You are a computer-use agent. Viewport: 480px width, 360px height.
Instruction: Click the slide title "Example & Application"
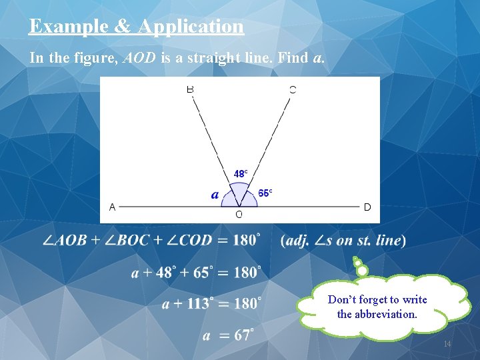(136, 27)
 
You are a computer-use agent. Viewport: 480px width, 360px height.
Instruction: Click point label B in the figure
(190, 89)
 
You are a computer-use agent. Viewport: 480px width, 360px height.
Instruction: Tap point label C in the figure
(293, 89)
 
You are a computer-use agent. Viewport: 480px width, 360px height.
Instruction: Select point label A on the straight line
(112, 207)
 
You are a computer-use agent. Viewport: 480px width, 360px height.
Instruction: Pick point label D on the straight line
(367, 207)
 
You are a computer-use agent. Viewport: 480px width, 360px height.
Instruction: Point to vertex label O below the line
(239, 215)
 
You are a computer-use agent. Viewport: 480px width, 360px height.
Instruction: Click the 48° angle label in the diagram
(240, 173)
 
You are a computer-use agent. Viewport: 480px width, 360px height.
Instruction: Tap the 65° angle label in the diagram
(265, 193)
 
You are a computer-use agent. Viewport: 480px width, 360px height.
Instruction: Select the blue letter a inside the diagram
(215, 195)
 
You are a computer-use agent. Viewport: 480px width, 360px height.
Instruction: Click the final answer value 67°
(245, 335)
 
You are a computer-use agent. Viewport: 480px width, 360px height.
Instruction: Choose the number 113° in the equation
(198, 304)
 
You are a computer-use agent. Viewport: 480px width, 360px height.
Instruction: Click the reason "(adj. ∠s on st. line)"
(343, 240)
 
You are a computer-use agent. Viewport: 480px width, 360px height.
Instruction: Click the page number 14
(447, 344)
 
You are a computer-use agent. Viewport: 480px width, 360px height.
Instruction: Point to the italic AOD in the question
(138, 58)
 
